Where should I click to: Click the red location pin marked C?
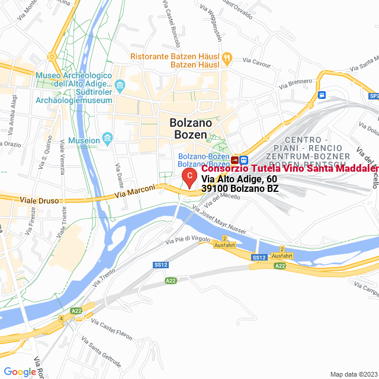[x=188, y=177]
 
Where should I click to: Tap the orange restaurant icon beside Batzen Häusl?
[x=229, y=58]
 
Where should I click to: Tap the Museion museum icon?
[x=107, y=140]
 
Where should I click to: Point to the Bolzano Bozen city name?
[x=191, y=129]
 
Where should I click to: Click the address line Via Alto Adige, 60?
[x=239, y=179]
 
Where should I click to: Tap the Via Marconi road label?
[x=135, y=190]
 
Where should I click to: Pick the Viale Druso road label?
[x=40, y=201]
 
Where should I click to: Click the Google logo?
[x=20, y=371]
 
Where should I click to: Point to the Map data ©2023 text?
[x=354, y=374]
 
